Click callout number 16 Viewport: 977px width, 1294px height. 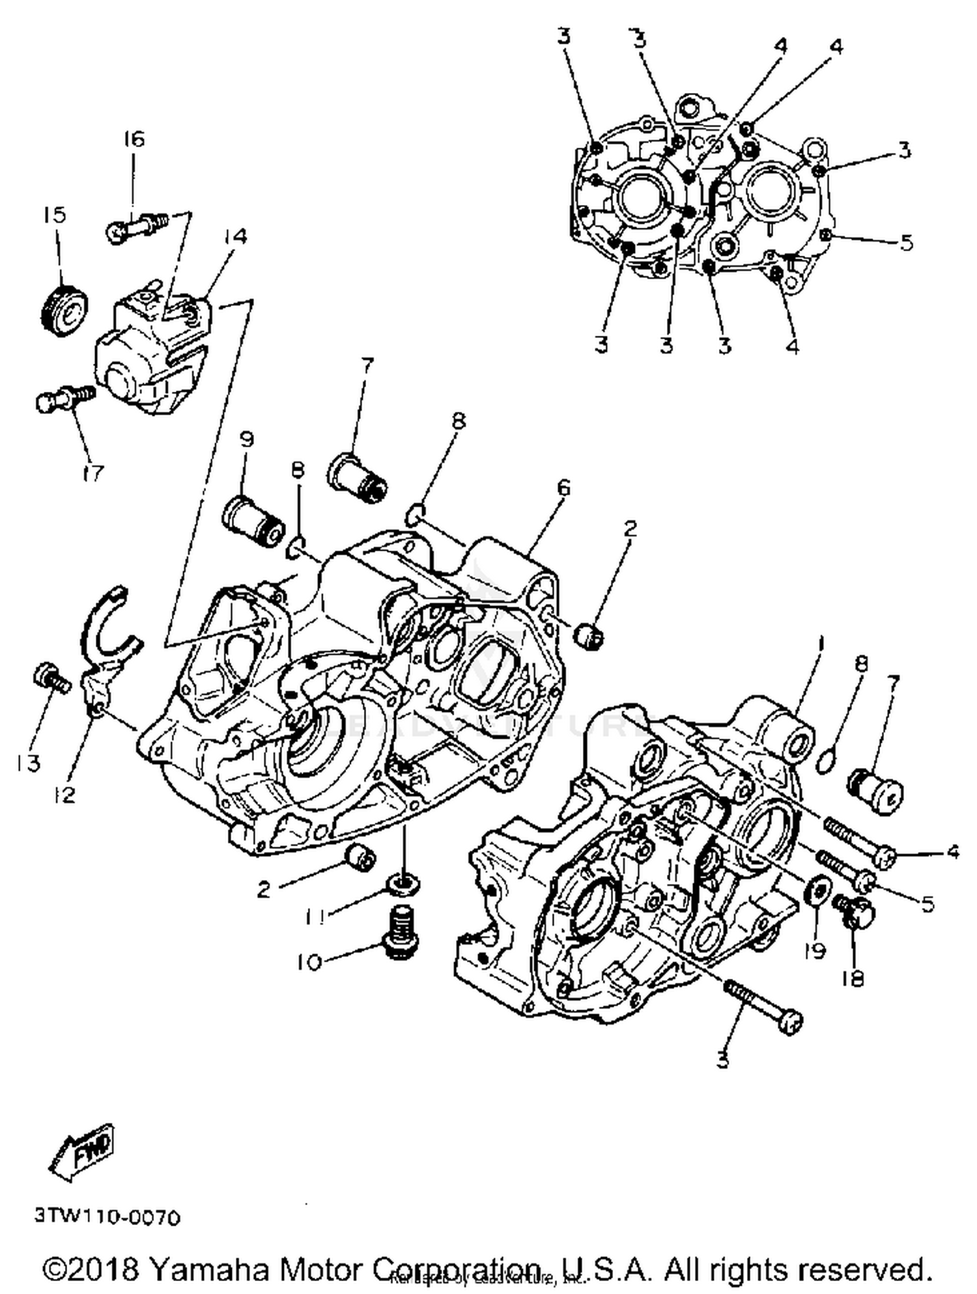[x=134, y=139]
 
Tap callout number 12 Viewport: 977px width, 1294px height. [x=64, y=793]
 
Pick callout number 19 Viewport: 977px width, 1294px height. [x=814, y=950]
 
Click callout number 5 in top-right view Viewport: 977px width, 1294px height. [x=906, y=243]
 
